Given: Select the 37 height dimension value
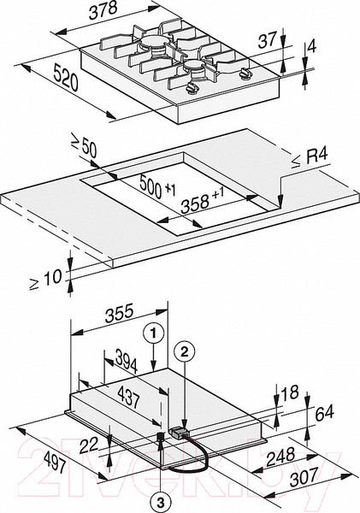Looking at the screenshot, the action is pos(268,40).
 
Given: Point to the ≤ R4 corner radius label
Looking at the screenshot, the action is pos(309,158).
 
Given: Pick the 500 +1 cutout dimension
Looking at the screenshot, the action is pos(157,186).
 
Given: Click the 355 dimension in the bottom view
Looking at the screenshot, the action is pos(120,313).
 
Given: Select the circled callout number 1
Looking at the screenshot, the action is pos(153,333).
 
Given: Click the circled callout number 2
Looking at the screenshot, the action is pos(185,351).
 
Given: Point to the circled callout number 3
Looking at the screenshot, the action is pos(161,502).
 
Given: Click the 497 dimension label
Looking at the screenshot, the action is pos(53,461).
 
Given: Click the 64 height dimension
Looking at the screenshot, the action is pos(324,413).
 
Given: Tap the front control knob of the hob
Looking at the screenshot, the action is pos(192,88).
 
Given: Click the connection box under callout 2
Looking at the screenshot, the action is pos(178,432).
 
